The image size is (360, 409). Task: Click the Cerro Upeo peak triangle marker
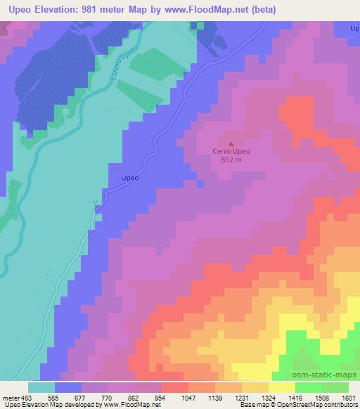pos(231,143)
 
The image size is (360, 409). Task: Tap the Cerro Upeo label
pos(231,151)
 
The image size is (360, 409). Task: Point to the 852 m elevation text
pos(231,160)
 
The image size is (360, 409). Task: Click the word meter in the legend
pos(11,398)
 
